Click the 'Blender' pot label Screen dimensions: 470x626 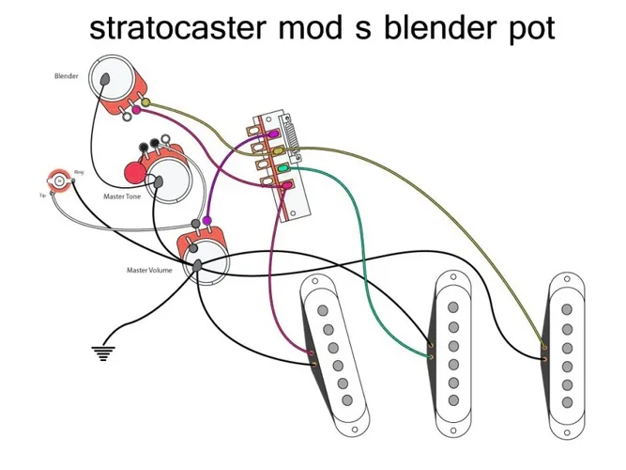coord(66,75)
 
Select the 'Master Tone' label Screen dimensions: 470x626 coord(121,198)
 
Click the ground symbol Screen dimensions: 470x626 coord(102,353)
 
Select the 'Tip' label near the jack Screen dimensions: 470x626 coord(43,196)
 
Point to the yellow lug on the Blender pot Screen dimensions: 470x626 coord(145,100)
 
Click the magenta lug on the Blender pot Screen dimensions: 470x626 coord(137,110)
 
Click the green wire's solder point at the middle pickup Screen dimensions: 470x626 coord(430,357)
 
